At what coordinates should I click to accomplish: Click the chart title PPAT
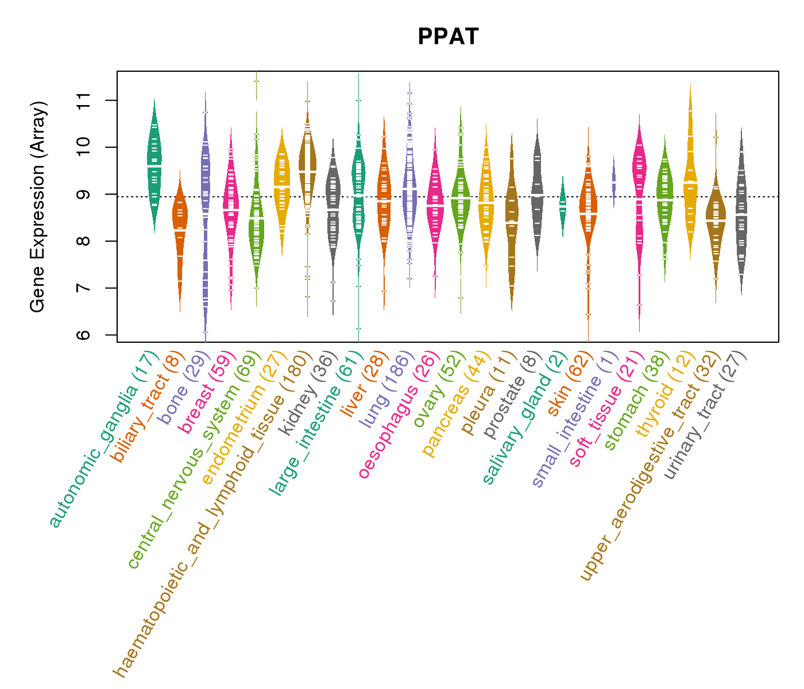coord(448,37)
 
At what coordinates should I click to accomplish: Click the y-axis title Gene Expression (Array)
coord(38,207)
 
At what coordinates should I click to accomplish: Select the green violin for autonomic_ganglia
coord(154,167)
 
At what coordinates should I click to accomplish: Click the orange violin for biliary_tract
coord(180,230)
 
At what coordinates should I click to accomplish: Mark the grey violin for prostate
coord(538,195)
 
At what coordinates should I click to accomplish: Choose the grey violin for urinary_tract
coord(741,212)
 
